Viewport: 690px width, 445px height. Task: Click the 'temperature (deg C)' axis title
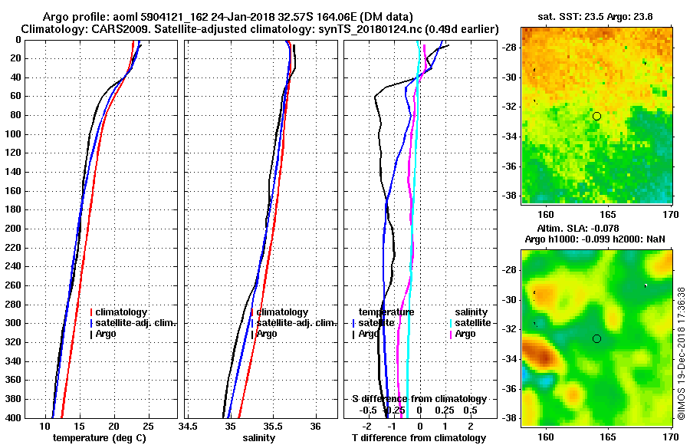[x=99, y=438]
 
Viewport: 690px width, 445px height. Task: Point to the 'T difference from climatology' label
[x=418, y=438]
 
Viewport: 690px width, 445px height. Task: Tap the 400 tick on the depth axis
[x=16, y=418]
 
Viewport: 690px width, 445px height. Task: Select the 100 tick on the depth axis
[x=16, y=134]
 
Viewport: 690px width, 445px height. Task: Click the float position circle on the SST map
[x=596, y=116]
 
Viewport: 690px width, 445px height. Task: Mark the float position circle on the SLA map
[x=596, y=338]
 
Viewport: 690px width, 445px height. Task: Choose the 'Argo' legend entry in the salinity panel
[x=267, y=334]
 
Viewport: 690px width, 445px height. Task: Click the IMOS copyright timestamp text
[x=682, y=353]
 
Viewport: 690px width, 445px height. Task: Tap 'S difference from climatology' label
[x=419, y=399]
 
